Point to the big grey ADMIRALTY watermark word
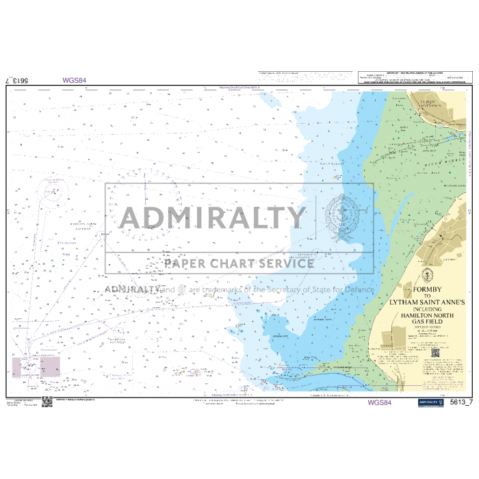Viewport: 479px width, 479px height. click(213, 218)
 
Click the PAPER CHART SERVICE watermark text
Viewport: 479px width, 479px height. click(239, 263)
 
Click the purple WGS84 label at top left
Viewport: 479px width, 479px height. click(74, 80)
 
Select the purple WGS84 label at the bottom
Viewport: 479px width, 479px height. click(379, 403)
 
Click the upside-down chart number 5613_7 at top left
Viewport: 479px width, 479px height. click(16, 80)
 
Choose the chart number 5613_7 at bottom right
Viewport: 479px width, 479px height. click(462, 403)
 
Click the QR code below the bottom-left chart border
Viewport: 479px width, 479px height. click(47, 402)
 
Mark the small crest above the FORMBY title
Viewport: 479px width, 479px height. click(425, 276)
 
